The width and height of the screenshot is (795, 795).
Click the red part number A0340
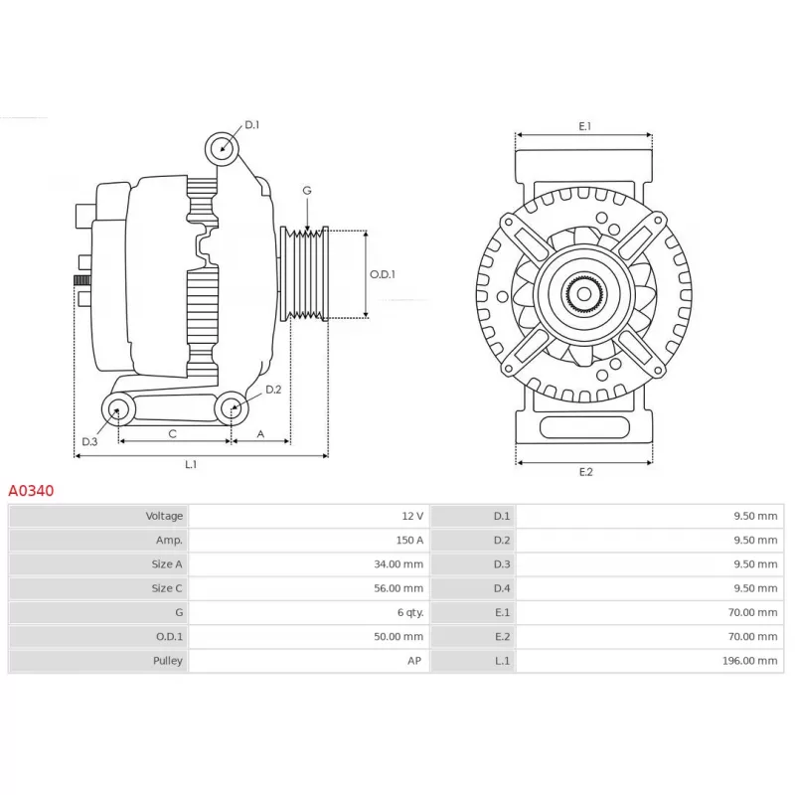click(x=31, y=490)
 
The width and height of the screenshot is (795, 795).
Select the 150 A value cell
click(x=409, y=540)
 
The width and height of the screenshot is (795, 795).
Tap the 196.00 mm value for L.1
click(x=749, y=661)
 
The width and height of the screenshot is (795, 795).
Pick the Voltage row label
click(x=164, y=516)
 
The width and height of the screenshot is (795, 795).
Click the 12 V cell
click(x=412, y=516)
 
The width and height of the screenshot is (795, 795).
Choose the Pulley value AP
click(x=414, y=661)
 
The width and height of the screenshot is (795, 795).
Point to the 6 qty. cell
click(x=410, y=612)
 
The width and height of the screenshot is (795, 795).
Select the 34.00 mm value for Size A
click(x=398, y=563)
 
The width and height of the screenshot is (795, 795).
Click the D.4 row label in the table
click(x=502, y=588)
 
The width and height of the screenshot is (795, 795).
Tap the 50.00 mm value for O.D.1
click(x=398, y=636)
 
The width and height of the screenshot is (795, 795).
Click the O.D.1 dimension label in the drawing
click(x=383, y=274)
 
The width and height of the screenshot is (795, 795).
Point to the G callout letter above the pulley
click(x=307, y=191)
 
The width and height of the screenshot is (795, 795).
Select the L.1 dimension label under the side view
click(x=191, y=464)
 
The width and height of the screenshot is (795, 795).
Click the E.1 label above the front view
click(x=585, y=126)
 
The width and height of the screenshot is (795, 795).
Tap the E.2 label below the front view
click(x=585, y=471)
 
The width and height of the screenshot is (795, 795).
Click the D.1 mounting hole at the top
click(x=222, y=148)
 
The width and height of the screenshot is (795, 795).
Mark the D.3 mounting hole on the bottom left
click(x=118, y=409)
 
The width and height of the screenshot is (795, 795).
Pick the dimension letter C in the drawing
click(x=172, y=434)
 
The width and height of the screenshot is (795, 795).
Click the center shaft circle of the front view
click(x=584, y=294)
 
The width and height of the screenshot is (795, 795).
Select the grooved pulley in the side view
click(x=305, y=274)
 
